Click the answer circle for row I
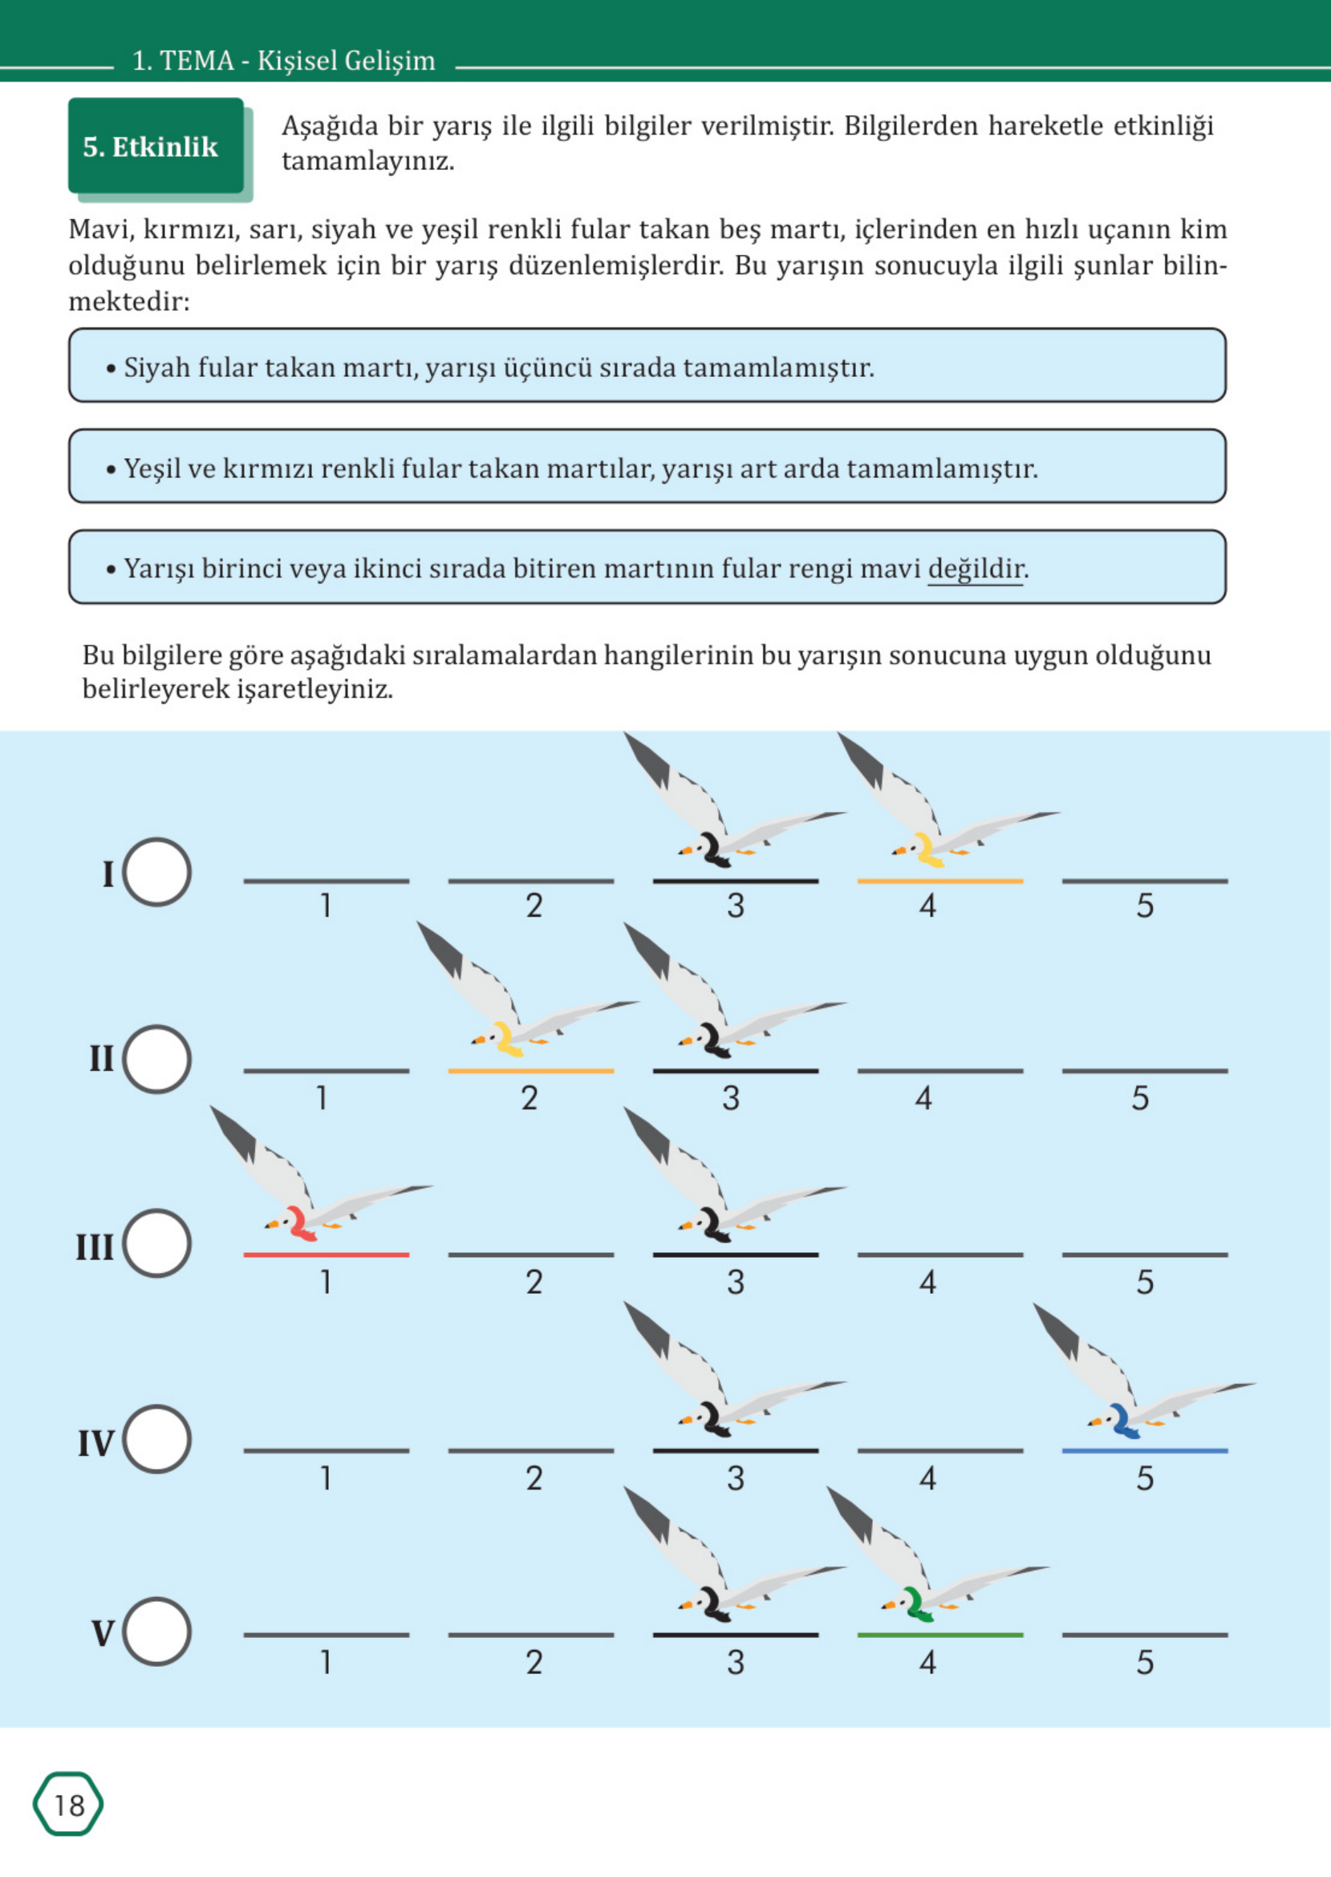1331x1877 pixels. tap(156, 872)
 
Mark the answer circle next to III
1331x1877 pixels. tap(156, 1243)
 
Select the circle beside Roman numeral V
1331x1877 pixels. tap(156, 1632)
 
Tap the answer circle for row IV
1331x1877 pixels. tap(156, 1439)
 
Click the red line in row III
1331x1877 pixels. tap(327, 1255)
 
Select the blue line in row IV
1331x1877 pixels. tap(1144, 1450)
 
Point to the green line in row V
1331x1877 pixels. tap(940, 1635)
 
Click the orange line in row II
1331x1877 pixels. tap(531, 1071)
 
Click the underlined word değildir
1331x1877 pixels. tap(976, 569)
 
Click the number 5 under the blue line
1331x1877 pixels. tap(1145, 1479)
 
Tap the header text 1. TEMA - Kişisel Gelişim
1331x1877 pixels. tap(283, 61)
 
